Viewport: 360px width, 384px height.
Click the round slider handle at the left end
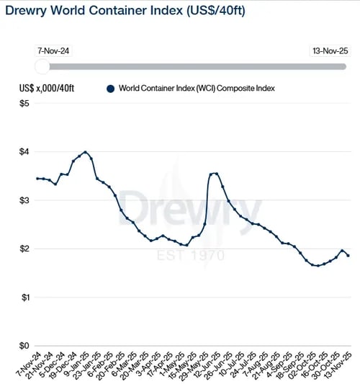click(x=42, y=66)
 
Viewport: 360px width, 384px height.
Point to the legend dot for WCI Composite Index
click(x=110, y=89)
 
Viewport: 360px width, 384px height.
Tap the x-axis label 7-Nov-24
click(x=26, y=365)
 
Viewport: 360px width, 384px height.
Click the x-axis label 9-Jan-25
click(x=76, y=365)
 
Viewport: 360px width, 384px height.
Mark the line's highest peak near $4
click(x=86, y=152)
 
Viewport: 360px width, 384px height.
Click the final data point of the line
click(x=348, y=255)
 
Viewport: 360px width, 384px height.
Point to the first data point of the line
click(x=37, y=178)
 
